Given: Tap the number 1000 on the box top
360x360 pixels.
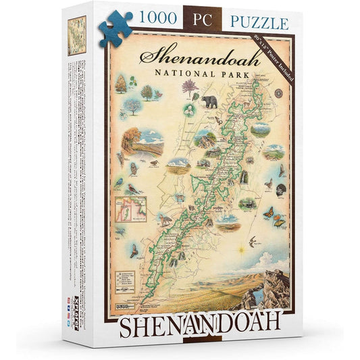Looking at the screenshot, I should click(x=161, y=22).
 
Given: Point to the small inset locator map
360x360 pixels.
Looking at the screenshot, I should click(x=127, y=207).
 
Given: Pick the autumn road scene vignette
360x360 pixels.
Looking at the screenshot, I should click(x=130, y=142).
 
